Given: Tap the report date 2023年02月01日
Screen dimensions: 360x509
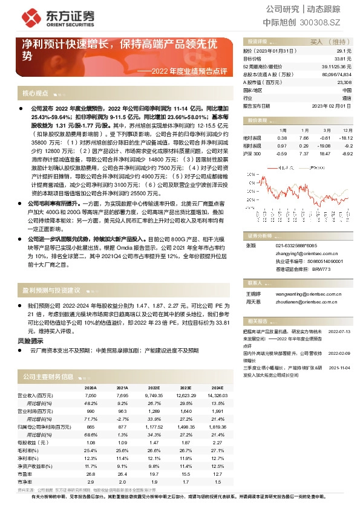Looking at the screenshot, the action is pos(333,105).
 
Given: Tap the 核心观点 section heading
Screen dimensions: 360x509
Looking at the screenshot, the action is pos(36,94).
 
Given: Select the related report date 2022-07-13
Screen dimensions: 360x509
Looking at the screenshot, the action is pos(339,332).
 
